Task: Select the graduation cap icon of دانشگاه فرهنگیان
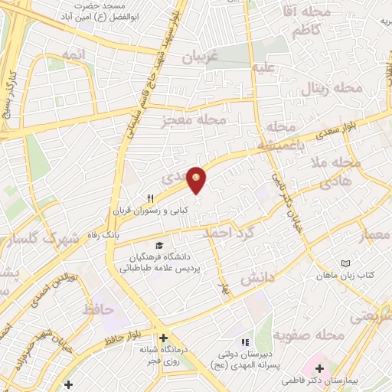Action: [158, 245]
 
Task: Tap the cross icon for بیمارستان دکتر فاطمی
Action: [319, 369]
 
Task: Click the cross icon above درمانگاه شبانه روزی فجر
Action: [162, 338]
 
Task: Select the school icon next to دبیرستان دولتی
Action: [245, 342]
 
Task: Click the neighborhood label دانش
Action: [257, 278]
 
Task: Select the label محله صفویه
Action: [325, 335]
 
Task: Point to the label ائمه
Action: [62, 56]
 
